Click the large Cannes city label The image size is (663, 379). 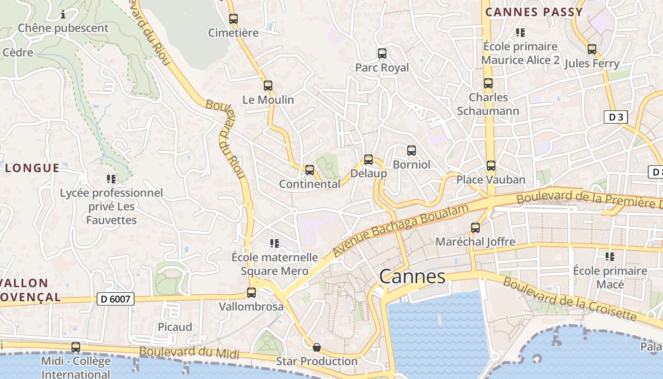(x=412, y=277)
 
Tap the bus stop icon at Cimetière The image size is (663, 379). (x=233, y=19)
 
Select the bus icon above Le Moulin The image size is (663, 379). (x=268, y=86)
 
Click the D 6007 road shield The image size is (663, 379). (x=116, y=299)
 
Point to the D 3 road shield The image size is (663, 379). (x=616, y=117)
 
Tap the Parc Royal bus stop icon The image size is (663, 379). (x=382, y=54)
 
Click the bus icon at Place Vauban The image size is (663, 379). (x=491, y=166)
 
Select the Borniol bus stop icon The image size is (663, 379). (x=412, y=151)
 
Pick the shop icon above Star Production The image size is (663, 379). (x=317, y=348)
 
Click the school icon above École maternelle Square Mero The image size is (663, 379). (x=274, y=244)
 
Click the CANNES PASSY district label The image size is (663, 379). (x=534, y=12)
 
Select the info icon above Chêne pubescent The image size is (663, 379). (x=63, y=15)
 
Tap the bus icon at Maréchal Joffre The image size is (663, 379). (x=475, y=228)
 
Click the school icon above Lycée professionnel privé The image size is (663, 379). (x=111, y=179)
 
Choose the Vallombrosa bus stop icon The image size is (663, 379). (x=251, y=293)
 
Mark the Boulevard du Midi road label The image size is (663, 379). (x=189, y=352)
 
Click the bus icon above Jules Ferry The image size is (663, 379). (x=592, y=49)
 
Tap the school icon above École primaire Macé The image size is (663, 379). (x=610, y=257)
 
